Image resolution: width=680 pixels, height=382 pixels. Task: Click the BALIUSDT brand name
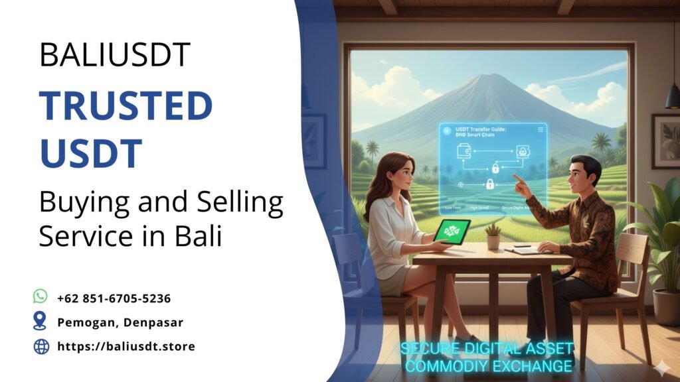(x=115, y=54)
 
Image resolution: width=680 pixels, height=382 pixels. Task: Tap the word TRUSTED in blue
(x=126, y=105)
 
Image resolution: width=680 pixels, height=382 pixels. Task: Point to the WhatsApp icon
(x=41, y=298)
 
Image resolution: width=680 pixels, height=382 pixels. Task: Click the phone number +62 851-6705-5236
(x=114, y=298)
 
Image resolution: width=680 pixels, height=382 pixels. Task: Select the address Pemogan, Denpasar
(x=120, y=322)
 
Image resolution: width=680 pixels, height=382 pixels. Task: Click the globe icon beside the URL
(x=41, y=346)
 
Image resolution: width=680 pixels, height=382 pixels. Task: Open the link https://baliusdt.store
(x=126, y=346)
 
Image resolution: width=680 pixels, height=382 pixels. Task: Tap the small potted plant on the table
(x=493, y=236)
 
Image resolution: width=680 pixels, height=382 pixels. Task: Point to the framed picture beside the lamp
(x=665, y=141)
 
